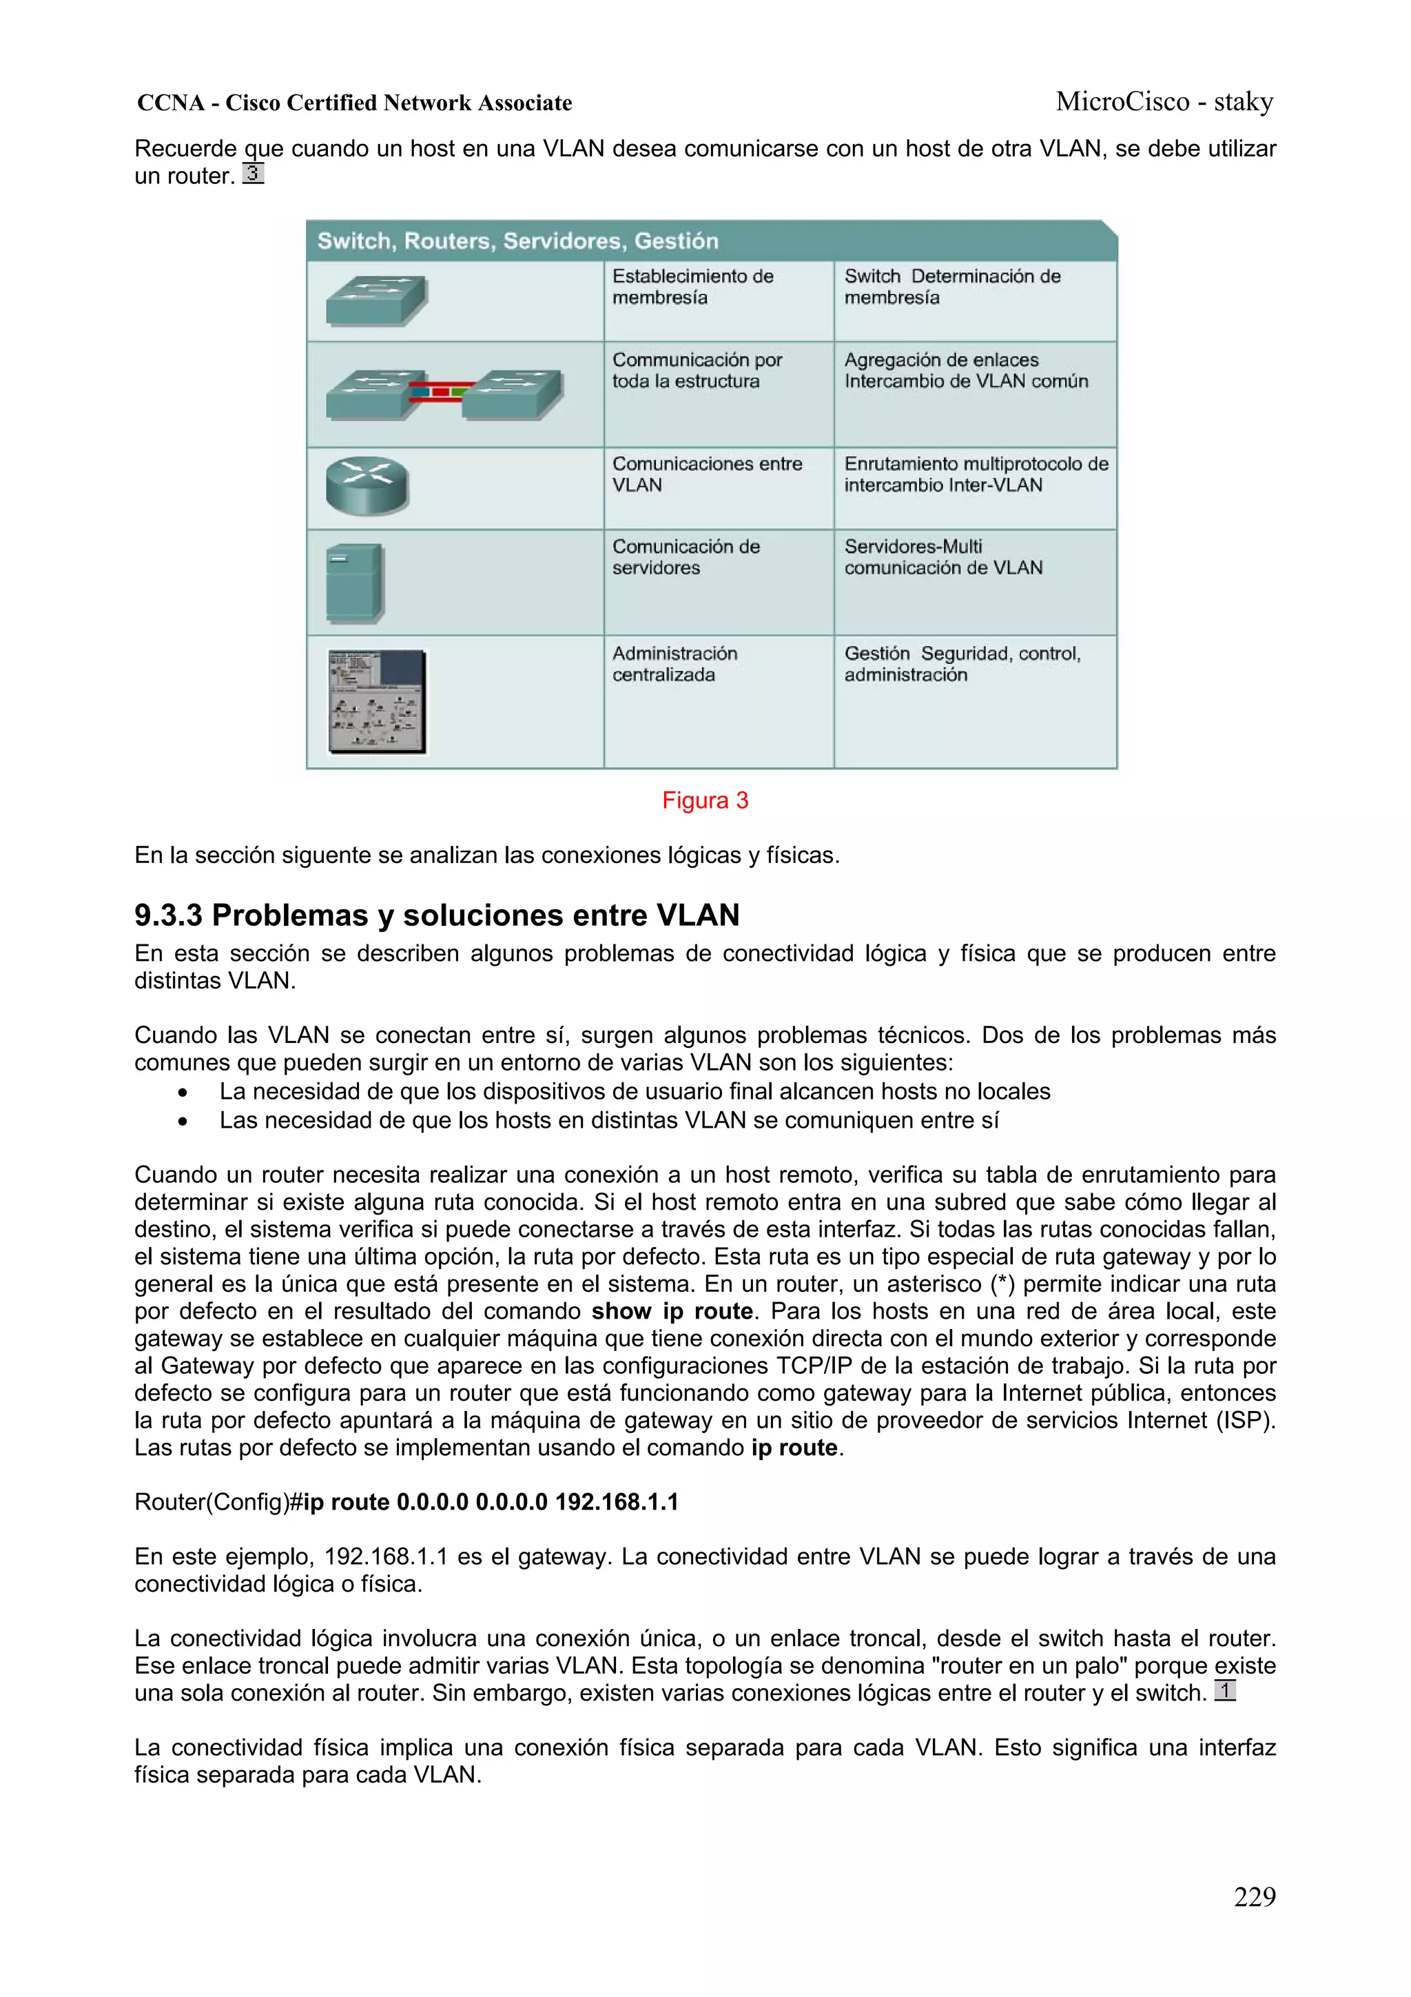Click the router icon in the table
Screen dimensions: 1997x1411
367,485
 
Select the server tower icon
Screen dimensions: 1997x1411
354,582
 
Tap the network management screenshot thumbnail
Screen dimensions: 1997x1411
378,701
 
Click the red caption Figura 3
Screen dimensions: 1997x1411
705,800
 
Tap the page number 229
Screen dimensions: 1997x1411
1254,1896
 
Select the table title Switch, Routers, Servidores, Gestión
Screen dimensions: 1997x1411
518,241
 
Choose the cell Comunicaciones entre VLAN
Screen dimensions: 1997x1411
706,474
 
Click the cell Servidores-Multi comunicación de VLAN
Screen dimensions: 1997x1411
943,557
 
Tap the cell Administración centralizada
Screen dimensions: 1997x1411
674,664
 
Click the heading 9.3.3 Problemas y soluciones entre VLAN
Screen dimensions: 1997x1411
436,915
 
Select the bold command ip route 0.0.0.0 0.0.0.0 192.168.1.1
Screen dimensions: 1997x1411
491,1502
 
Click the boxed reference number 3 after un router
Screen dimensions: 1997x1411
253,173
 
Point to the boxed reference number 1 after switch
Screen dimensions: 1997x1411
1224,1691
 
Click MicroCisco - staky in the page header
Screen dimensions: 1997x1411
1164,102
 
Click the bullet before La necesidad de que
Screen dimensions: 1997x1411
182,1093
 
